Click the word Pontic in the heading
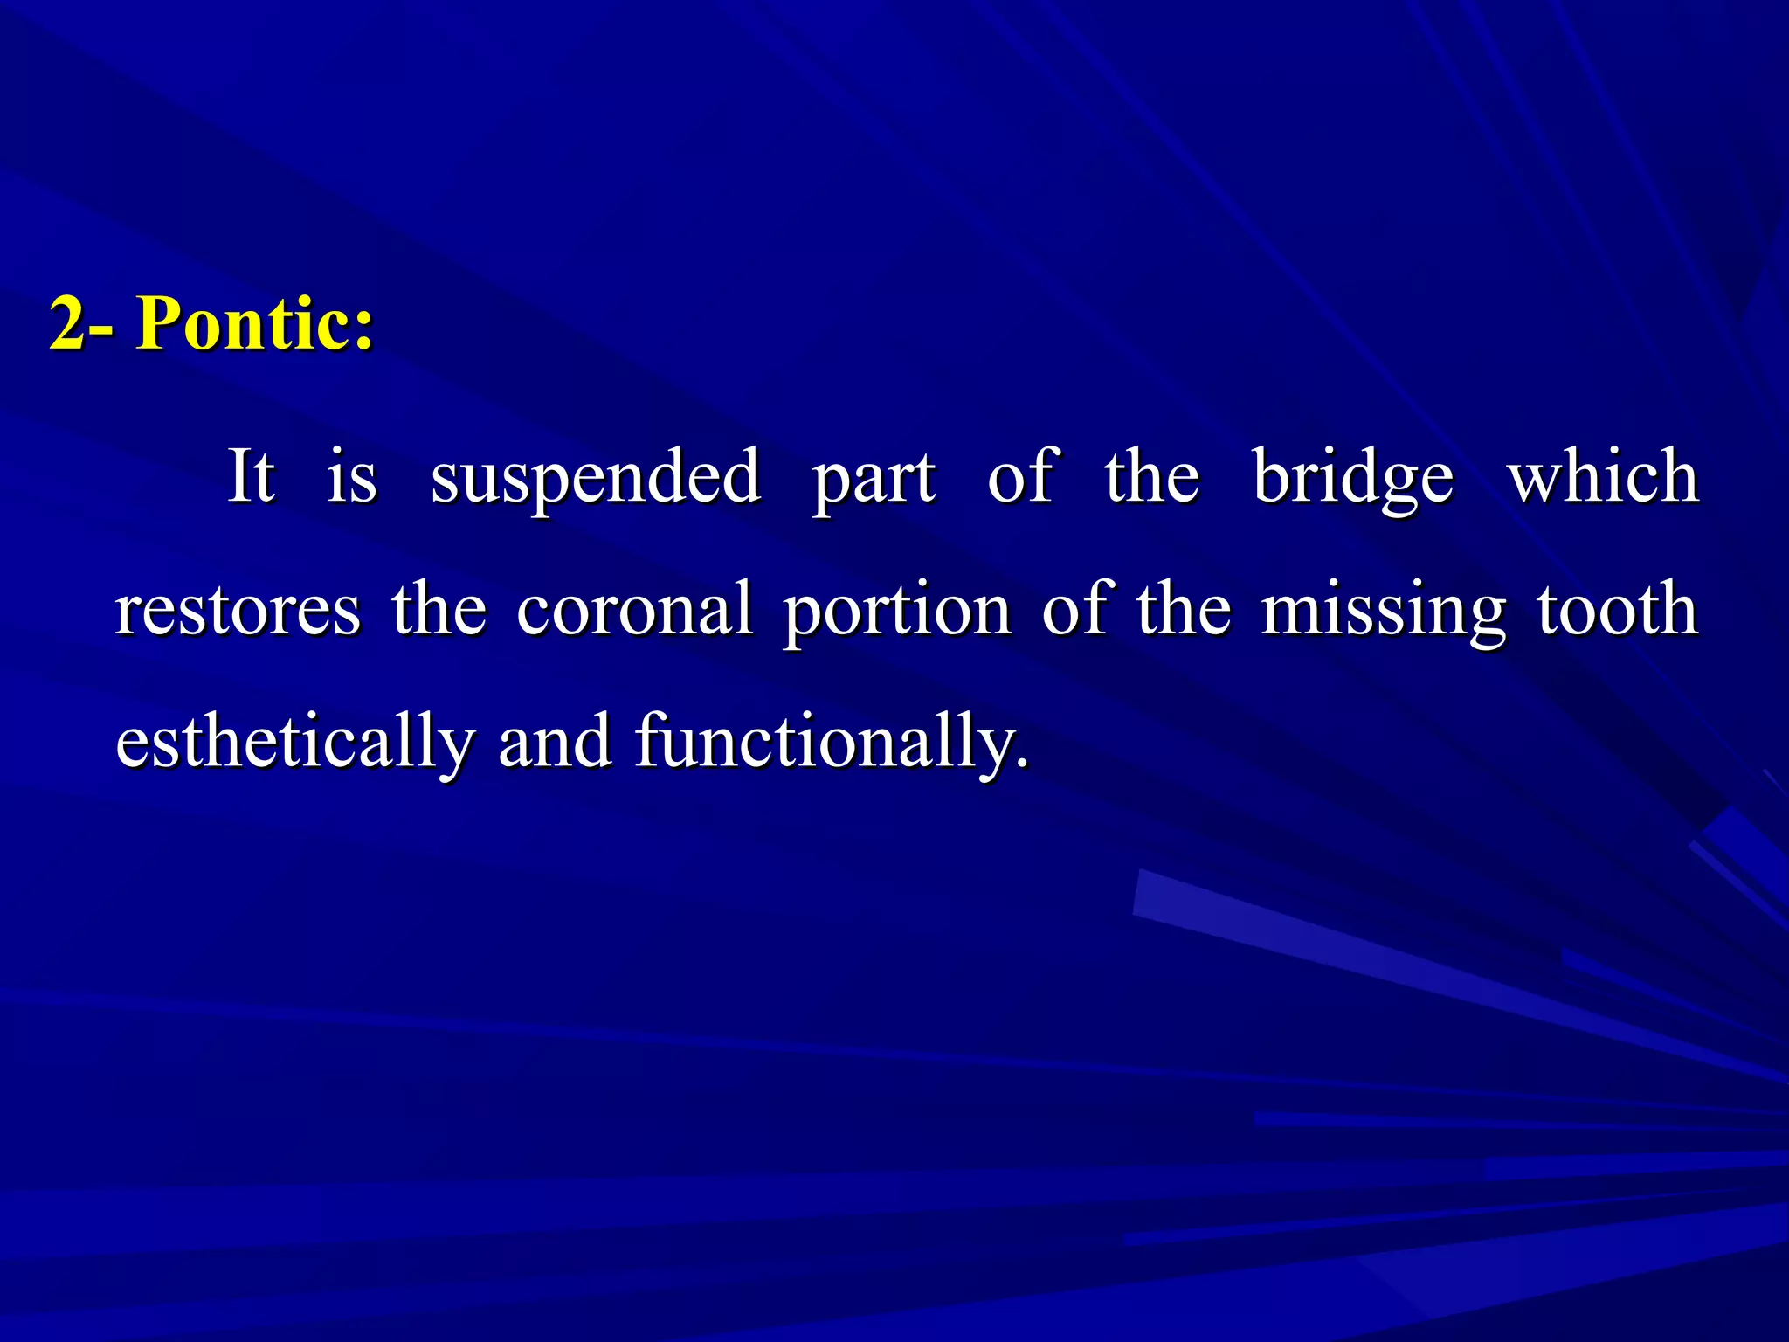[245, 323]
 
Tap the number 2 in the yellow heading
[68, 323]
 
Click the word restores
[238, 610]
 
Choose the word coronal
[634, 610]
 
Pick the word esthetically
[295, 743]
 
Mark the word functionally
[830, 743]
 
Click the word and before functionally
[555, 743]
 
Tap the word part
[874, 479]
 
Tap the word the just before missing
[1184, 610]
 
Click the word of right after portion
[1077, 610]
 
